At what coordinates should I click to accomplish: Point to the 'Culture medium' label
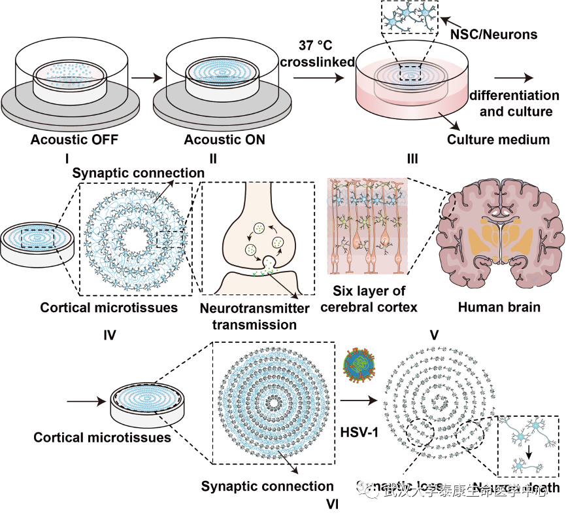(498, 139)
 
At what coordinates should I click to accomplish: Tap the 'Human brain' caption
(499, 306)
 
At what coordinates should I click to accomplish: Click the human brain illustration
(501, 234)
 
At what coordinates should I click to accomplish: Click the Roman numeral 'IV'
(109, 335)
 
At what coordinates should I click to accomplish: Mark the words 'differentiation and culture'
(516, 104)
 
